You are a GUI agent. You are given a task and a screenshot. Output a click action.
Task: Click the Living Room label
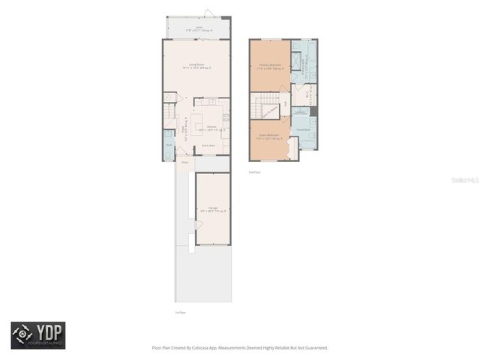click(196, 65)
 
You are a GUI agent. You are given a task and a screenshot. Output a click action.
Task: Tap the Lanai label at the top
click(199, 28)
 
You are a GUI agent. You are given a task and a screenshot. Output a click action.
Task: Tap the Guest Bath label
click(304, 130)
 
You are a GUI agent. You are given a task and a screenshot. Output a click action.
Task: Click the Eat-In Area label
click(208, 145)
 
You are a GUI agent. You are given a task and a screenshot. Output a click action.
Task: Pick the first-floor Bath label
click(169, 144)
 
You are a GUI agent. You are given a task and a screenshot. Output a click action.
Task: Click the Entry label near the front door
click(184, 161)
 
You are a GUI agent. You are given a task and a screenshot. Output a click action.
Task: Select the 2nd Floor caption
click(255, 172)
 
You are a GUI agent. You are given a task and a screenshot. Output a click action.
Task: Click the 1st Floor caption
click(180, 312)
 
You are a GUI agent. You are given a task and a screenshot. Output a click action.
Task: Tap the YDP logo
click(38, 335)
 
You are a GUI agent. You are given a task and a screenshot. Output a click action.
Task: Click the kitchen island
click(197, 121)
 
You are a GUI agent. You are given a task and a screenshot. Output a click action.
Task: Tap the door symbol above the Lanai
click(208, 13)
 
